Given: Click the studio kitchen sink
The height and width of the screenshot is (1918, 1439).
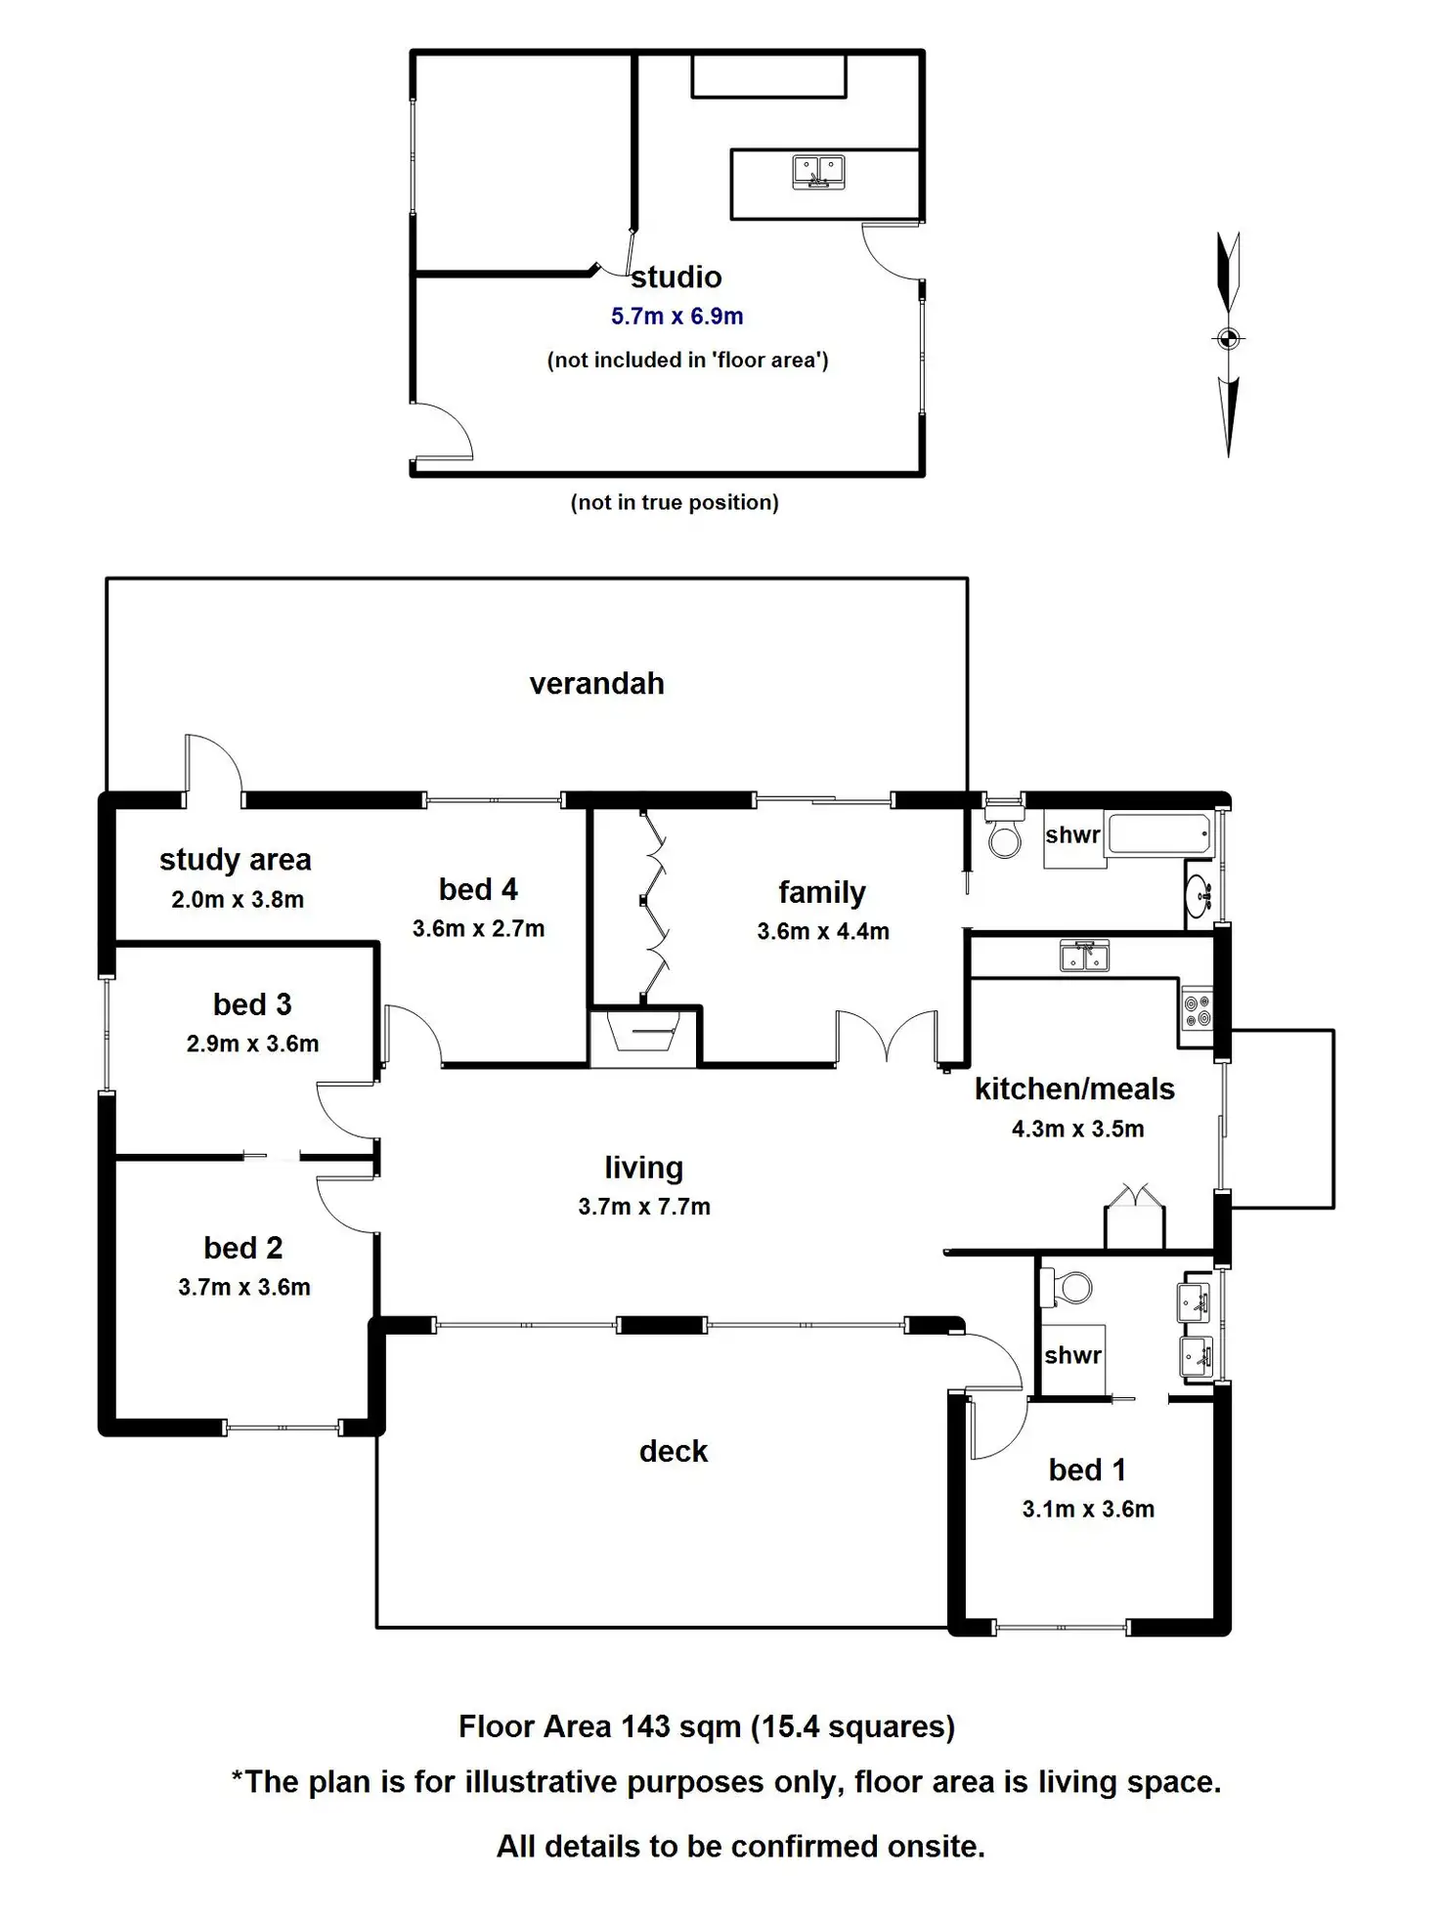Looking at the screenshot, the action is coord(818,172).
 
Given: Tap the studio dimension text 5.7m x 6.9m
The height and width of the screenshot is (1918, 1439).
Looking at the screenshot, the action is coord(677,317).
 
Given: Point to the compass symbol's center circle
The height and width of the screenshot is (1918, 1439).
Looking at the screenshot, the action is coord(1229,339).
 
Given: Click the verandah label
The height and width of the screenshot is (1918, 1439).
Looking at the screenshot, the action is coord(596,683).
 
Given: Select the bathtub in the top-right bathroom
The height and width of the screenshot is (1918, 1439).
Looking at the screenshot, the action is coord(1160,834).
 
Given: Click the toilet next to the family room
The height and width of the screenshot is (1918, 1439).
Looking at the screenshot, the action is coord(1004,829).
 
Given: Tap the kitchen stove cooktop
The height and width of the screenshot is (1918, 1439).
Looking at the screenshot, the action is coord(1198,1010).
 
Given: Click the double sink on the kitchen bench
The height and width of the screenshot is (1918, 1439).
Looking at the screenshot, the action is coord(1084,957).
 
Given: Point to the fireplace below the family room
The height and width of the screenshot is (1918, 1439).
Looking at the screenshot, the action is coord(642,1035).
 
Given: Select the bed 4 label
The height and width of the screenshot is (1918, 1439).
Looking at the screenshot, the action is coord(478,889).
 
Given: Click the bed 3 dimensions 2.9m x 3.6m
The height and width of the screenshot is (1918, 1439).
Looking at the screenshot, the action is coord(253,1044).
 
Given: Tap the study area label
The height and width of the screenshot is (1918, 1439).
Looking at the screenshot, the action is coord(236,860).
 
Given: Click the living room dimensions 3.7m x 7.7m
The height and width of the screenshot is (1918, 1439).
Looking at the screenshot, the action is coord(644,1207).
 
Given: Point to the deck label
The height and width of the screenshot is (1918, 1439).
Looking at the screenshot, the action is coord(674,1452).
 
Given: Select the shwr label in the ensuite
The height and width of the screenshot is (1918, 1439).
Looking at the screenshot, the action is coord(1072,1355).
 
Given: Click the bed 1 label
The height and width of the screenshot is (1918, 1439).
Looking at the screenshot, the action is coord(1087,1470).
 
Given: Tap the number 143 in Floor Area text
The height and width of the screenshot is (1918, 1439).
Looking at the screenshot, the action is coord(645,1726).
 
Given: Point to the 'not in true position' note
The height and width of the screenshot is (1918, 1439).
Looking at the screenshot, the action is coord(675,502).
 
